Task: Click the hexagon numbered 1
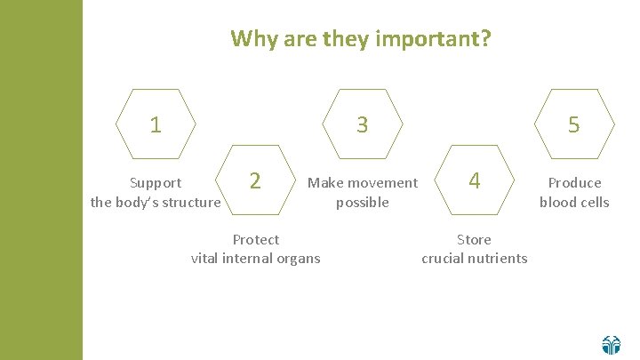[156, 124]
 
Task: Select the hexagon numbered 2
[255, 180]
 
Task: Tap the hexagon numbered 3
[362, 124]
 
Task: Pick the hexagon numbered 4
[475, 180]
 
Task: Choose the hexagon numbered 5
[574, 124]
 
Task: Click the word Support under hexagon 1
[156, 183]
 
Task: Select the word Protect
[255, 240]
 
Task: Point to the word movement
[382, 183]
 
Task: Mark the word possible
[362, 203]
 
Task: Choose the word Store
[474, 240]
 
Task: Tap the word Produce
[574, 183]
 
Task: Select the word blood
[556, 203]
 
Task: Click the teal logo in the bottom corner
[611, 344]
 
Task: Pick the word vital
[207, 259]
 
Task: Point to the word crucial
[443, 259]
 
